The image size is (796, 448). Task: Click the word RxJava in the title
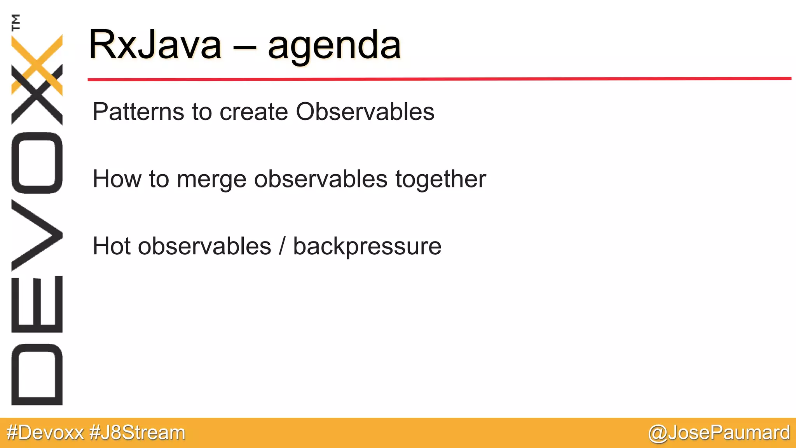tap(155, 45)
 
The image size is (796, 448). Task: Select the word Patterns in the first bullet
tap(138, 112)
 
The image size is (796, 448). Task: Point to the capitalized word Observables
tap(365, 112)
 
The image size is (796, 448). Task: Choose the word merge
tap(211, 180)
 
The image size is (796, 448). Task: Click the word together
tap(440, 180)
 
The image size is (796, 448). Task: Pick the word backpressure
tap(367, 247)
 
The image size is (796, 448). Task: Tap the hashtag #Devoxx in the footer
tap(45, 433)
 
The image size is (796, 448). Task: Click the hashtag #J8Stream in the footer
tap(137, 433)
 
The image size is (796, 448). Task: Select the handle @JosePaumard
tap(719, 433)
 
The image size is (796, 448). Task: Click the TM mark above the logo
tap(16, 22)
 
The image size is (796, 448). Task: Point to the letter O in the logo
tap(37, 163)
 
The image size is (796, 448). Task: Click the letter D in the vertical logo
tap(37, 374)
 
